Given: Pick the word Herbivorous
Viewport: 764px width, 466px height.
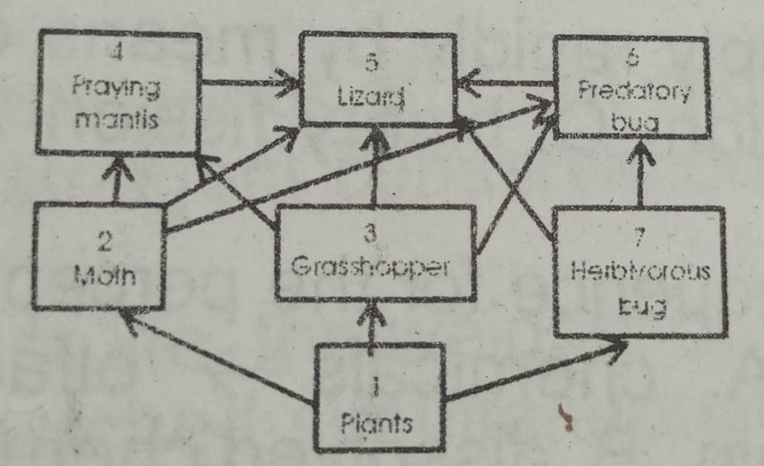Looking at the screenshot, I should [x=638, y=272].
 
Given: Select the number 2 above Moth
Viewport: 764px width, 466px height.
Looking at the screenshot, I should [x=104, y=242].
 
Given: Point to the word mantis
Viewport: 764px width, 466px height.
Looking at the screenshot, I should [x=117, y=121].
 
